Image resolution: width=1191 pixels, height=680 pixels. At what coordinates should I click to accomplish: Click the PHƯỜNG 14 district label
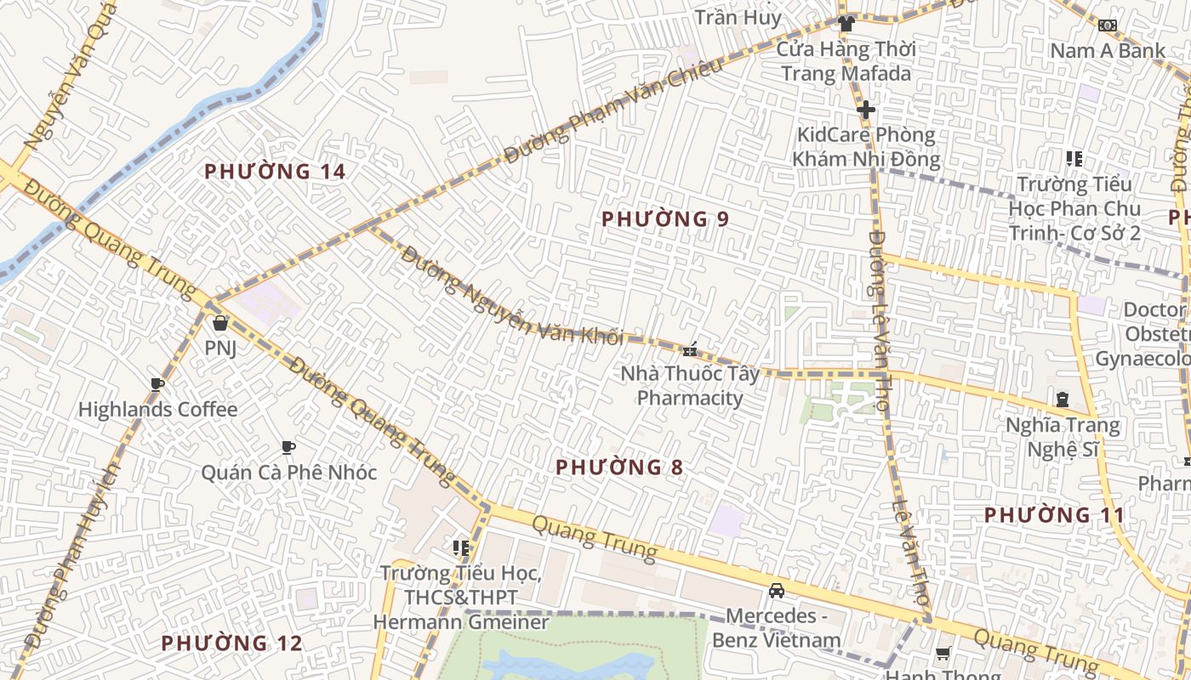(275, 172)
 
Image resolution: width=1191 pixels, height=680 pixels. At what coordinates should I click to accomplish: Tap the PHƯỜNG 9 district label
(664, 219)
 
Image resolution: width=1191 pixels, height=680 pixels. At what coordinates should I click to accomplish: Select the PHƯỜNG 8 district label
(619, 467)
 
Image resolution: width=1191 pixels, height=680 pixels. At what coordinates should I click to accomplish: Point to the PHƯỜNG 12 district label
(231, 643)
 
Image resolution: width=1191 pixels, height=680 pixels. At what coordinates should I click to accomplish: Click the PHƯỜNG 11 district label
(1054, 515)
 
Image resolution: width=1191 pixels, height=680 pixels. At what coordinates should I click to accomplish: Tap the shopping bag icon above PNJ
(220, 323)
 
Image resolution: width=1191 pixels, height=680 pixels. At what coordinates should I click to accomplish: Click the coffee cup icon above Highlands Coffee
(157, 385)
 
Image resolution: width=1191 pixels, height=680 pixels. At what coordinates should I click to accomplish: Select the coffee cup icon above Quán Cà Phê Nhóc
(288, 447)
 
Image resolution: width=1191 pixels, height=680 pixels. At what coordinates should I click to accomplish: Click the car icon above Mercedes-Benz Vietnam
(777, 591)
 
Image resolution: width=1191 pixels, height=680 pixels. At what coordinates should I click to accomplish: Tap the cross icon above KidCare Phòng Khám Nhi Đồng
(866, 110)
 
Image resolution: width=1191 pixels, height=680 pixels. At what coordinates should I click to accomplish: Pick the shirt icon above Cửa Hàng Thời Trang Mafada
(846, 24)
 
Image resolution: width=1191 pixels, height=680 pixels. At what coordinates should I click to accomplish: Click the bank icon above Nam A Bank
(1107, 25)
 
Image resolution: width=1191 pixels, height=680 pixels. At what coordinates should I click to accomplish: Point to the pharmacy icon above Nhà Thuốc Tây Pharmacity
(690, 348)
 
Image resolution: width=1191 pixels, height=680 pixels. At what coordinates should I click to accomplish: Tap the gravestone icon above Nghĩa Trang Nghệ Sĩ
(1062, 399)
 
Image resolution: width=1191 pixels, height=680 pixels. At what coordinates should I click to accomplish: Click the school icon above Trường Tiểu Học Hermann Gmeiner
(461, 548)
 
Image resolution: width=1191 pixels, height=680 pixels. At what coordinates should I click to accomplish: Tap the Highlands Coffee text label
(157, 410)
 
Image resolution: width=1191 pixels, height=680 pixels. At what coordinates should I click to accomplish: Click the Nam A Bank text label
(1107, 51)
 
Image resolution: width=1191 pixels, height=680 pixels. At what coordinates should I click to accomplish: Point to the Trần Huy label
(737, 17)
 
